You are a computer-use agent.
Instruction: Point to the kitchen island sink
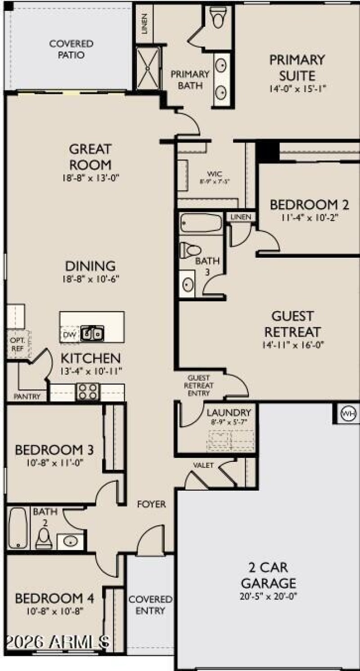[x=92, y=334]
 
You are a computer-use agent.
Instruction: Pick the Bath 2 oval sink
[x=70, y=541]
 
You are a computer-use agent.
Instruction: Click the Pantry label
[x=27, y=397]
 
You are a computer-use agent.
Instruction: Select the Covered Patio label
[x=71, y=49]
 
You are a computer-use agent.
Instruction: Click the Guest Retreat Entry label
[x=198, y=385]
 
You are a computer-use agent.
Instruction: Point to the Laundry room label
[x=229, y=412]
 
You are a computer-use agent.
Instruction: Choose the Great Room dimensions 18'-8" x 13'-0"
[x=90, y=178]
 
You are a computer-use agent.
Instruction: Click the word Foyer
[x=151, y=504]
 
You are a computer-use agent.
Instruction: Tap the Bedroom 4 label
[x=54, y=599]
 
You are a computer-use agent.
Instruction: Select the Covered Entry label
[x=150, y=605]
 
